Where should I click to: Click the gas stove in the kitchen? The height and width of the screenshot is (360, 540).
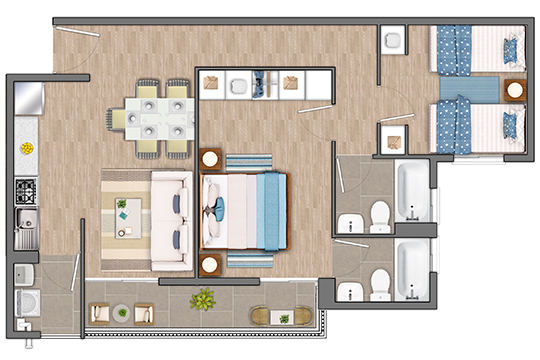tap(25, 190)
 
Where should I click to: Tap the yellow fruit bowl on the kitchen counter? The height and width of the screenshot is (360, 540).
tap(25, 148)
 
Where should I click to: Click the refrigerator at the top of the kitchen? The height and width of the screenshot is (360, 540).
tap(25, 100)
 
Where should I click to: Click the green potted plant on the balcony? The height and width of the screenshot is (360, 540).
tap(204, 299)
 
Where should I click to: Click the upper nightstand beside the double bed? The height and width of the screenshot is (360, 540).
tap(211, 158)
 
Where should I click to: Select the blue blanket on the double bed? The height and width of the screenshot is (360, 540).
tap(270, 209)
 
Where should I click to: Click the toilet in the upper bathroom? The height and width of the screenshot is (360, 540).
tap(379, 215)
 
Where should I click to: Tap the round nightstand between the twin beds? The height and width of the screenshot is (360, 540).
tap(515, 89)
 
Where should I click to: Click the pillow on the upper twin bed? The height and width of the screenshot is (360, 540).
tap(512, 46)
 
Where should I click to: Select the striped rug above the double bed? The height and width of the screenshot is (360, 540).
tap(245, 161)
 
